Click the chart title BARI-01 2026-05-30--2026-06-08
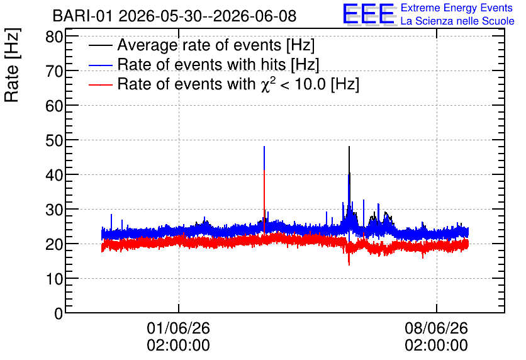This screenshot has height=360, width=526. click(174, 16)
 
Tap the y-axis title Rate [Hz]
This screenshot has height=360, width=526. click(12, 65)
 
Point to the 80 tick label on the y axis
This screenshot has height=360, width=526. click(54, 37)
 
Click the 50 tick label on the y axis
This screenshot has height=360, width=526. click(54, 140)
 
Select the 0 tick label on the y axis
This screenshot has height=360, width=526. click(59, 313)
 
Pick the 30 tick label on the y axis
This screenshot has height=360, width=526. click(54, 210)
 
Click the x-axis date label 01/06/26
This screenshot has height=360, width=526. click(178, 328)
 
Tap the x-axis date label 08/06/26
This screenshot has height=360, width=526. click(436, 328)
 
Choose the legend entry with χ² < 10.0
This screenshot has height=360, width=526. click(238, 84)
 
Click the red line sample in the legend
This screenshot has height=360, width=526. click(100, 85)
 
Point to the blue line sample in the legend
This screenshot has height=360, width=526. click(100, 65)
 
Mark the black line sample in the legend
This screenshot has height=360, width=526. click(100, 45)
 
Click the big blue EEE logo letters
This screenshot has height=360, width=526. click(369, 14)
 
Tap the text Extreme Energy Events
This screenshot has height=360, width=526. click(457, 8)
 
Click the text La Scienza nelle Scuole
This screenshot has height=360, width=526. click(457, 21)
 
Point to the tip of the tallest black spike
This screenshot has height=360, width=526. click(349, 146)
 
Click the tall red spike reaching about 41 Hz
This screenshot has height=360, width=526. click(264, 201)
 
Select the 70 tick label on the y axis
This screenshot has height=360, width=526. click(54, 71)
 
